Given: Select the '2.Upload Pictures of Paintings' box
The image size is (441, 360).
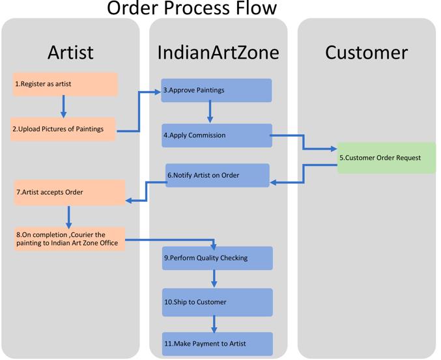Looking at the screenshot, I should coord(63,129).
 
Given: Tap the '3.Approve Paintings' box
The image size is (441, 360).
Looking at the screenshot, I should coord(216,90).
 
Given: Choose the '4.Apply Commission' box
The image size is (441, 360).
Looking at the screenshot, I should coord(216,135).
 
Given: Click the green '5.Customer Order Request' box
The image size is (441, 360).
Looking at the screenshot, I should coord(386,158).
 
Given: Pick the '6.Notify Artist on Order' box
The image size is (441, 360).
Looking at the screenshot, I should coord(217,175).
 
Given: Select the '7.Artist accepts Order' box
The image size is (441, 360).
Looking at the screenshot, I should coord(69,193).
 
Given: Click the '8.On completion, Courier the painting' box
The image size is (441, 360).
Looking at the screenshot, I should coord(70,239).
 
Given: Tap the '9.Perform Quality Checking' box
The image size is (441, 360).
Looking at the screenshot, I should coord(217,258).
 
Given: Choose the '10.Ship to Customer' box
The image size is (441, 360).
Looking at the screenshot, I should coord(217,302).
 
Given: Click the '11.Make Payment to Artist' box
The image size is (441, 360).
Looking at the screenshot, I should coord(217,343).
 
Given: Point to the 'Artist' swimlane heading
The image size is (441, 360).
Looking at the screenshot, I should coord(70,52).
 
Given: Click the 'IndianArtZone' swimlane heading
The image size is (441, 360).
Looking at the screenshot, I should coord(218,52).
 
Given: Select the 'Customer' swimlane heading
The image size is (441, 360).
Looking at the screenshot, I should coord(366,52).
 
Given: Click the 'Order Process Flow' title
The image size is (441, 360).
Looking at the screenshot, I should coord(192,8).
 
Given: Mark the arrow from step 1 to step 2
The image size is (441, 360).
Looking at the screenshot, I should coord(63,106).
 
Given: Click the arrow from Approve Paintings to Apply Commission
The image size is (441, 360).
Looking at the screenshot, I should coord(210,112).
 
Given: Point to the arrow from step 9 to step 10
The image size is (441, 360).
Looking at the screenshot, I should coord(214,279).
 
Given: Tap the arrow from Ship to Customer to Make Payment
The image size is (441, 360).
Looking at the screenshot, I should coord(214,324).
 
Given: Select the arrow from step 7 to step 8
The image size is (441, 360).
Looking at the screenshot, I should coord(68,216).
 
